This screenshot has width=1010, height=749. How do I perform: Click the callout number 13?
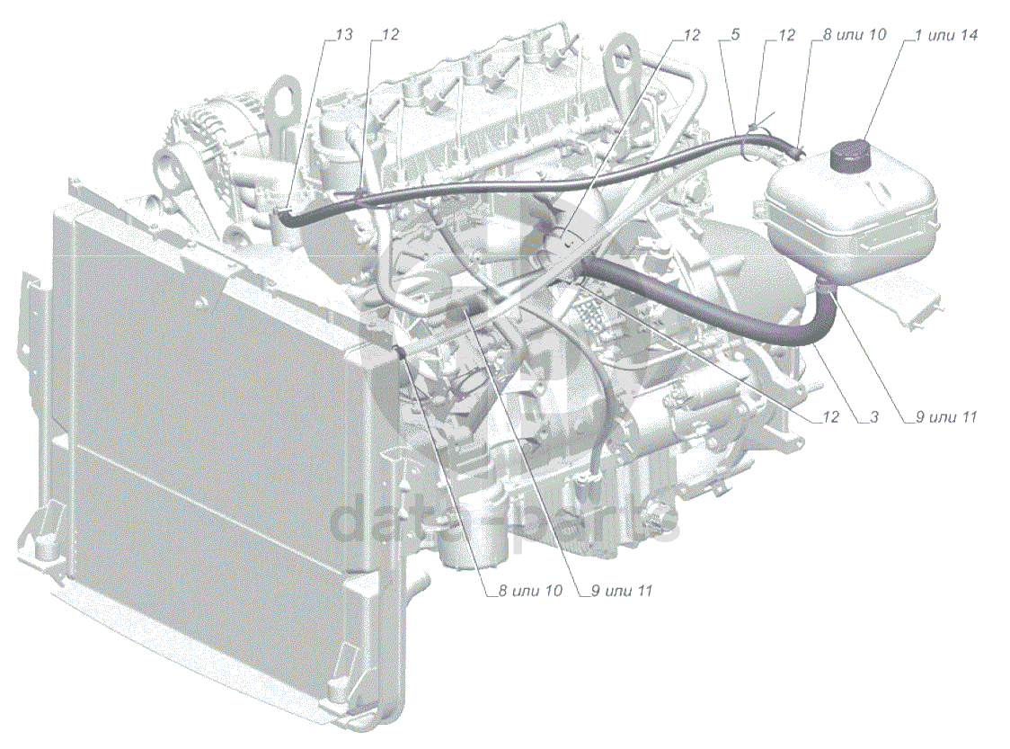(x=345, y=34)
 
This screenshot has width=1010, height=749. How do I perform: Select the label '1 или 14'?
(x=947, y=35)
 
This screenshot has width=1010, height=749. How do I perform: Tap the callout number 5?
(x=735, y=34)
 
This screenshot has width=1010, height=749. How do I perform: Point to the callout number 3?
(x=874, y=417)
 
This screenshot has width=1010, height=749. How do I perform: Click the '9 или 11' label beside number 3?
(x=946, y=417)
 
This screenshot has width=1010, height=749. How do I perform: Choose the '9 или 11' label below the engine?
(x=622, y=591)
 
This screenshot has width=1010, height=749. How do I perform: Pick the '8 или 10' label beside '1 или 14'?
(x=855, y=34)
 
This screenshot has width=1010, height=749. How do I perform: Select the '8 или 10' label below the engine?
(x=530, y=591)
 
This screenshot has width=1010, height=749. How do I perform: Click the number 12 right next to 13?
(x=390, y=34)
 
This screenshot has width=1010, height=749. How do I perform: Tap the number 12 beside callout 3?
(x=831, y=417)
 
